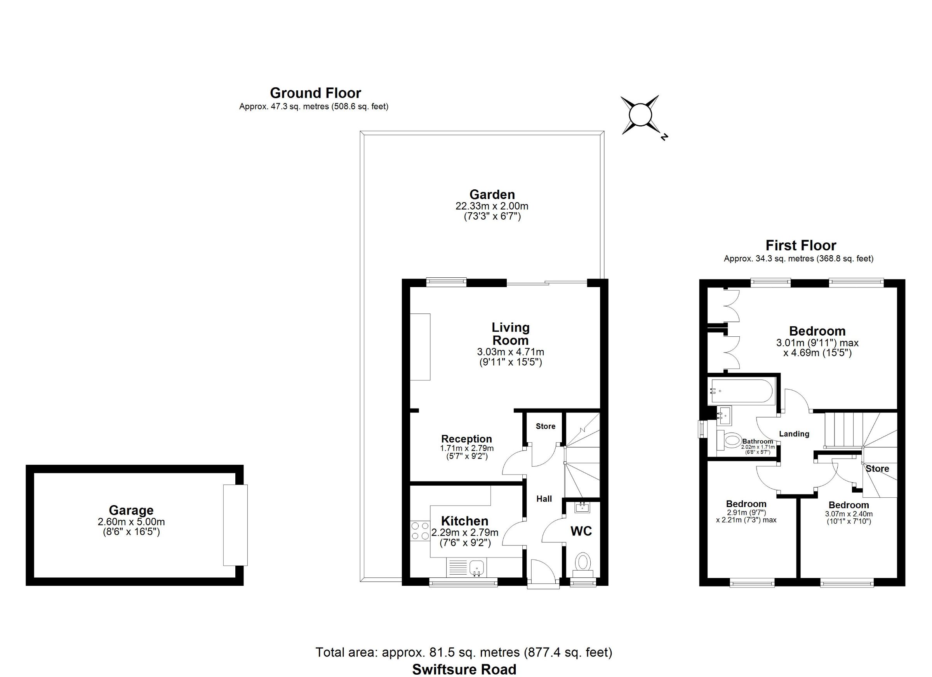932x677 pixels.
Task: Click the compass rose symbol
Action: coord(640,115)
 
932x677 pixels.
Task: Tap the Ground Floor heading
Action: coord(315,93)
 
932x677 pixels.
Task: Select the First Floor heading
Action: coord(801,246)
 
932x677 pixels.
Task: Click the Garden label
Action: coord(492,194)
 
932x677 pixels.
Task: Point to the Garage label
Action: coord(131,510)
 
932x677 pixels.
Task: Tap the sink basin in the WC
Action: coord(582,507)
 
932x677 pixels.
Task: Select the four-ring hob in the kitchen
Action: coord(419,530)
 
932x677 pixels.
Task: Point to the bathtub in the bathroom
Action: coord(742,391)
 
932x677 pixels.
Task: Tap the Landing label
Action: coord(794,434)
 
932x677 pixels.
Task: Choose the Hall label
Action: coord(544,499)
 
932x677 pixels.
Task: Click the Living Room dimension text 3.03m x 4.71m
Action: coord(510,352)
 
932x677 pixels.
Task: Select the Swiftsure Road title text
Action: coord(464,669)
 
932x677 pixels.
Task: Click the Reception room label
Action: coord(466,439)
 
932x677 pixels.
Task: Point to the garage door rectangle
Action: coord(235,525)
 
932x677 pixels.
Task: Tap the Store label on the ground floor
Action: coord(545,426)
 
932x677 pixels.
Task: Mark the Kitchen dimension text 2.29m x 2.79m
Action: coord(465,533)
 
